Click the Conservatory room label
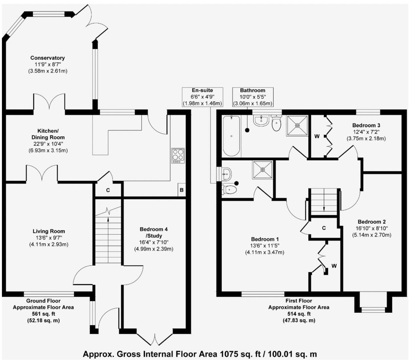pos(47,58)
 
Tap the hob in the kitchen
pos(178,156)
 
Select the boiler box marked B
pos(181,190)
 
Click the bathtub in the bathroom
pos(232,136)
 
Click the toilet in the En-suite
pos(230,190)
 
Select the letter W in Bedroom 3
pos(317,136)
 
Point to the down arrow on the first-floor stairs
pos(324,207)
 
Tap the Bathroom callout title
pos(253,90)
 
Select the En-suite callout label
pos(202,90)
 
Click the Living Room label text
pos(49,231)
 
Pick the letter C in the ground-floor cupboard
pos(108,190)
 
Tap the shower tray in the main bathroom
pos(297,126)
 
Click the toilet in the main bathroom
pos(277,124)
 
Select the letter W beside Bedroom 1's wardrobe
pos(334,266)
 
